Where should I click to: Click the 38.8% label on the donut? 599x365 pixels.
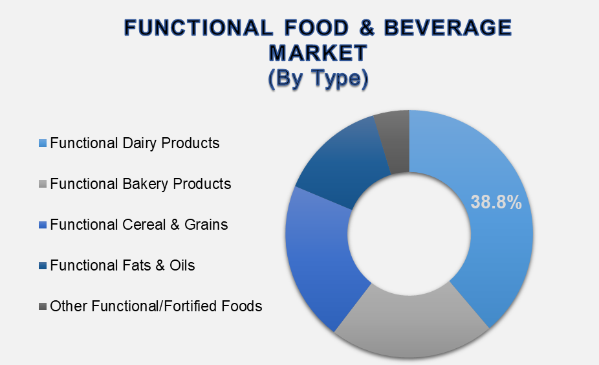coord(496,202)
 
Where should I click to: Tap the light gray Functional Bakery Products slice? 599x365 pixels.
coord(411,325)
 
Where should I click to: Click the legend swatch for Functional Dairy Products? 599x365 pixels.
coord(43,143)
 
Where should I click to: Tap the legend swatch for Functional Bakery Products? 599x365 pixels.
coord(43,184)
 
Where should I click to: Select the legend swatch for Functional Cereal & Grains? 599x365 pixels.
coord(43,225)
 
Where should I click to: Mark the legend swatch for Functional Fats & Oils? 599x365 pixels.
coord(43,265)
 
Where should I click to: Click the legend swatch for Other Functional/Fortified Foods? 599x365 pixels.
coord(43,306)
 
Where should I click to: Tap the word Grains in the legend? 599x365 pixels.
coord(206,225)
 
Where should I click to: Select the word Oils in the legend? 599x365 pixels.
coord(182,265)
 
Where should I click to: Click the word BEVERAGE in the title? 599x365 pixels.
coord(448,28)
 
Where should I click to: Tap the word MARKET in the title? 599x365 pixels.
coord(318,52)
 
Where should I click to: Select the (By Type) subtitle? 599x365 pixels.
coord(318,78)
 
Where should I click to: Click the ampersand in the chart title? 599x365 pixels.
coord(366,28)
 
